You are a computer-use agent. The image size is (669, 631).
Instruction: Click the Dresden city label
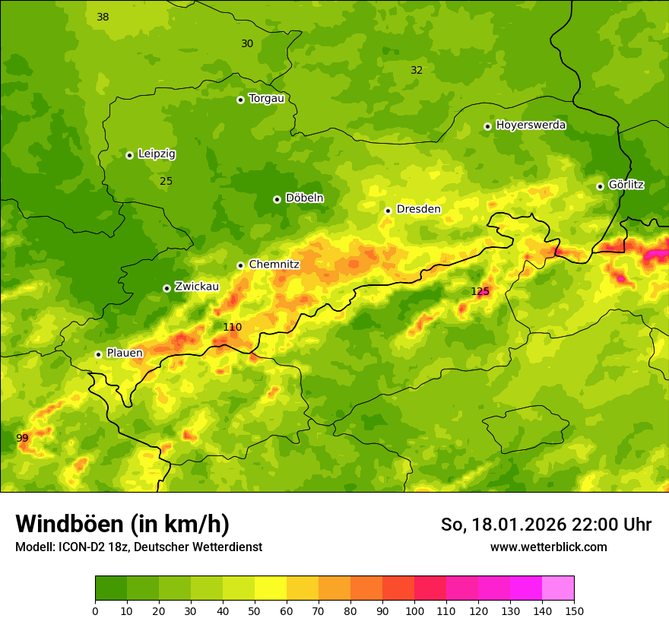(418, 209)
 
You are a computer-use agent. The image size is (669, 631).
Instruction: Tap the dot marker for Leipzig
(129, 155)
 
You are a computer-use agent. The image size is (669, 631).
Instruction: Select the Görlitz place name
(626, 185)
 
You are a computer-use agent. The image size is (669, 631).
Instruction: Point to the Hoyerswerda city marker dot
(487, 126)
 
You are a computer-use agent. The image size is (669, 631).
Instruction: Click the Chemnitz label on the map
(274, 265)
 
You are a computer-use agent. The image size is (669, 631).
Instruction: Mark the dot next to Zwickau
(166, 288)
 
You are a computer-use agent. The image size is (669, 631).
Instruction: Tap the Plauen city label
(124, 353)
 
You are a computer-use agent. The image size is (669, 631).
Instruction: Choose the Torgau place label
(266, 98)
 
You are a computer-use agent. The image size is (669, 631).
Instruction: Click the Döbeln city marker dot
(277, 199)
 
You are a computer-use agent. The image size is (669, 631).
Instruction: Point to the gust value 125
(480, 291)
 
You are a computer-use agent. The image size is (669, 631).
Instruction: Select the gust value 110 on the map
(232, 327)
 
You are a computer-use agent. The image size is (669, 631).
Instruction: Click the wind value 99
(22, 438)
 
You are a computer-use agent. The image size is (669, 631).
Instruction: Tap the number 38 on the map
(103, 17)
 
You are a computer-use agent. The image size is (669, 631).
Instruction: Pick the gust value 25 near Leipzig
(166, 181)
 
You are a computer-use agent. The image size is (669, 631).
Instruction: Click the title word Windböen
(68, 524)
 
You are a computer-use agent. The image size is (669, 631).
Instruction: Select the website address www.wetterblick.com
(548, 547)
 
